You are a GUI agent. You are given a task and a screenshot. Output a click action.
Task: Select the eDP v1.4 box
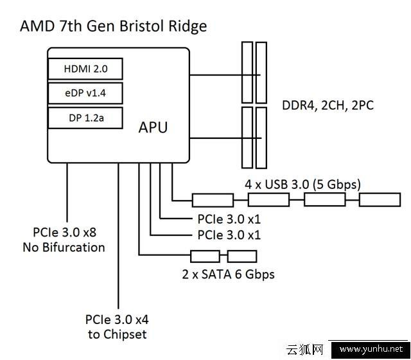pos(85,94)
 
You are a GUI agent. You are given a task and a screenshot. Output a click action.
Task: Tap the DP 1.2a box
pos(85,118)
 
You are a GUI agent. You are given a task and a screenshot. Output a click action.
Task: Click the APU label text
pos(153,127)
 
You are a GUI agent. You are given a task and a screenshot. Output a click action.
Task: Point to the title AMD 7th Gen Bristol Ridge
pos(114,26)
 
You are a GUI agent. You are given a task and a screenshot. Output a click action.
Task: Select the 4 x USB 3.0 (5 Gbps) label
pos(302,184)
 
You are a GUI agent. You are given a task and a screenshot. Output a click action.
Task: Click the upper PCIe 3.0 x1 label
pos(229,219)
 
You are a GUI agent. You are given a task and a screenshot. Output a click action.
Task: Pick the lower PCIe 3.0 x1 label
pos(229,235)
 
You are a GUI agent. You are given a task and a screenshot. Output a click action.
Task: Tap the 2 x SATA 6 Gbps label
pos(229,274)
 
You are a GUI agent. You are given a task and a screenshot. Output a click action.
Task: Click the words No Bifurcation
pos(64,247)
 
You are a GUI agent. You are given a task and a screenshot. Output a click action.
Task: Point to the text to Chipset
pos(116,334)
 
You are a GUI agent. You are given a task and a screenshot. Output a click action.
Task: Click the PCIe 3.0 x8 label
pos(64,232)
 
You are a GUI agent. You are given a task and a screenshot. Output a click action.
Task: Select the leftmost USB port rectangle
pos(213,200)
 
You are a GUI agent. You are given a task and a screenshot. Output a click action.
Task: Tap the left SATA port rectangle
pos(204,256)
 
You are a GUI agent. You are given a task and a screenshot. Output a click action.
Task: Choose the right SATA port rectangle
pos(242,256)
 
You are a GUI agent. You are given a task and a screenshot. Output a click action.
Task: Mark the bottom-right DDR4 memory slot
pos(261,136)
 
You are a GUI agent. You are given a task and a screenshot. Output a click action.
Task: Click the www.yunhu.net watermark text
pos(371,350)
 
